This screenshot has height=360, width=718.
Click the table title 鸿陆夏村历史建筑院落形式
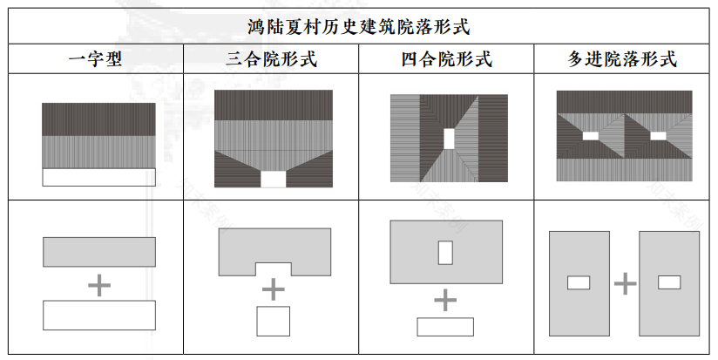pos(359,26)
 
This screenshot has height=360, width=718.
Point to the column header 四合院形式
pos(446,59)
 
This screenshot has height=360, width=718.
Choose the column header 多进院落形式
pos(622,59)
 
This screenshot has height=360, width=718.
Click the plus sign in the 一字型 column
pos(99,284)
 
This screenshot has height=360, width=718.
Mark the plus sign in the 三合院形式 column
pos(273,289)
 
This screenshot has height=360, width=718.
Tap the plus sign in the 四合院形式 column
pos(445,301)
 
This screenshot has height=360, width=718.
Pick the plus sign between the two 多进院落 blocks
pos(625,283)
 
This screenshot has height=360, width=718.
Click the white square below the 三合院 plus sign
pos(273,321)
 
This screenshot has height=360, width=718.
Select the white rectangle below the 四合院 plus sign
pos(445,327)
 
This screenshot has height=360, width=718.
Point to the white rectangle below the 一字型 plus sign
pos(99,315)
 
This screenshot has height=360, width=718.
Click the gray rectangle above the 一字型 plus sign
pos(99,252)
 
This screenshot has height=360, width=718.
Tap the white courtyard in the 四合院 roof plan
pos(449,139)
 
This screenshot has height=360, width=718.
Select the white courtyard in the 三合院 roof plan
pos(273,179)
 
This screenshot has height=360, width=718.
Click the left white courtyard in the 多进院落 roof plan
pos(591,135)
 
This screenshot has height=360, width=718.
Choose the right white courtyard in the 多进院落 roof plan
pos(658,135)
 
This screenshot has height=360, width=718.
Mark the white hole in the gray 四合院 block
pos(445,253)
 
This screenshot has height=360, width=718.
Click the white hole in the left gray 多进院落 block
pos(579,282)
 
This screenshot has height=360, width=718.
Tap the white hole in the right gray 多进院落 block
pos(669,282)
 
